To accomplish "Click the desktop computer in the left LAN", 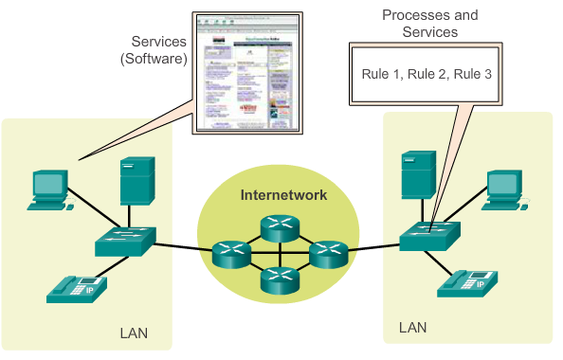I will click(x=47, y=189).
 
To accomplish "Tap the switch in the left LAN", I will click(x=124, y=243).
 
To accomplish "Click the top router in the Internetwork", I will click(x=280, y=224).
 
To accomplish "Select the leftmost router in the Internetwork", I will click(x=230, y=251).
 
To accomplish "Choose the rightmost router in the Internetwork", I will click(x=328, y=251).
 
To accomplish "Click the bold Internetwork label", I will click(x=283, y=194).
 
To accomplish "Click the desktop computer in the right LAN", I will click(x=503, y=188).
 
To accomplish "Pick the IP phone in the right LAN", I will click(x=470, y=282).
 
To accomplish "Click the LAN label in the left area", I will click(x=133, y=333).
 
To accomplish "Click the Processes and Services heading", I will click(x=429, y=23).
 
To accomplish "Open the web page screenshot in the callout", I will click(x=247, y=72).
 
